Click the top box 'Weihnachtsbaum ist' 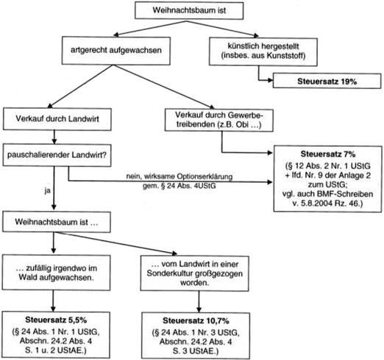click(189, 10)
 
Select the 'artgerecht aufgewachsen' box click(116, 51)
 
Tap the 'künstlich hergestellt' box click(263, 51)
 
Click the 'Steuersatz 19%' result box click(327, 81)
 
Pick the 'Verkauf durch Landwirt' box click(57, 119)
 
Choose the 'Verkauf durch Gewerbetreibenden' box click(219, 120)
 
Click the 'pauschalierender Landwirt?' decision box click(57, 155)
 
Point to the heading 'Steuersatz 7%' click(328, 154)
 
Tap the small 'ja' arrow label click(47, 191)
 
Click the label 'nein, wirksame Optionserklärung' click(179, 176)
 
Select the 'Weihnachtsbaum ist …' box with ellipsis click(57, 222)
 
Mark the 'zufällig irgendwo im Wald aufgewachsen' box click(57, 273)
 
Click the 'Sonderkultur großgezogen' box click(195, 273)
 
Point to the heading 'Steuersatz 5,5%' click(56, 320)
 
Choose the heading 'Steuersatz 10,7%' click(196, 320)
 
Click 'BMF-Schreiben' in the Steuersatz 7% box click(345, 194)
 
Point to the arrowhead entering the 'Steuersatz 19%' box click(271, 80)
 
